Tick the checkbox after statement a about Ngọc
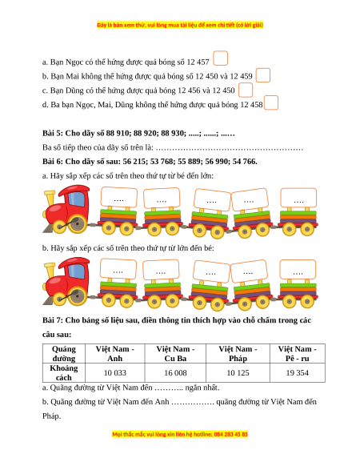click(220, 58)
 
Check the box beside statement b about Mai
click(263, 75)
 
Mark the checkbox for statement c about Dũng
click(246, 90)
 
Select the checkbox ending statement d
click(271, 102)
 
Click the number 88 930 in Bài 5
click(173, 133)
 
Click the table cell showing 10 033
click(115, 372)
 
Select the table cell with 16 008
click(175, 372)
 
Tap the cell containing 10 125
click(238, 372)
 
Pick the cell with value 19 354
click(298, 372)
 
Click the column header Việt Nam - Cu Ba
click(175, 354)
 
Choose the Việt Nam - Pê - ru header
click(298, 354)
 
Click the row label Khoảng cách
click(64, 372)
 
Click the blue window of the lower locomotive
click(77, 271)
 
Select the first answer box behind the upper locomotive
click(119, 197)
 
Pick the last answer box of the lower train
click(298, 270)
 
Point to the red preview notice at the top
click(180, 25)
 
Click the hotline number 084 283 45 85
click(230, 434)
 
